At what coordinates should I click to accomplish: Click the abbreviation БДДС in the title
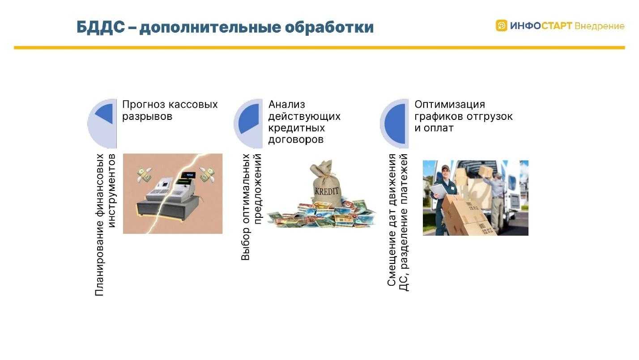[x=101, y=27]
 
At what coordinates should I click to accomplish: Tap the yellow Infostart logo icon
[x=501, y=25]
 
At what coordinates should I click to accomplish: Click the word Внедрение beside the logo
[x=600, y=26]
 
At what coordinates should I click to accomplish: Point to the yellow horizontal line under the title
[x=319, y=47]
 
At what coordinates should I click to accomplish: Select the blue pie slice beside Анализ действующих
[x=249, y=119]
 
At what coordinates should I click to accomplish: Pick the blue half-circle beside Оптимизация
[x=395, y=123]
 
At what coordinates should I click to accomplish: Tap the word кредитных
[x=296, y=128]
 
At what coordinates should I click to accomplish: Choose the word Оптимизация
[x=450, y=105]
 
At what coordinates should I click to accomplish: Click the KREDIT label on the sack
[x=326, y=191]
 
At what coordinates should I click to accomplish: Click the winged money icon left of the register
[x=144, y=175]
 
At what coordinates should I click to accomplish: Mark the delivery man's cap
[x=445, y=168]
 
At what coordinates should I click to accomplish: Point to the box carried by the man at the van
[x=485, y=171]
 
